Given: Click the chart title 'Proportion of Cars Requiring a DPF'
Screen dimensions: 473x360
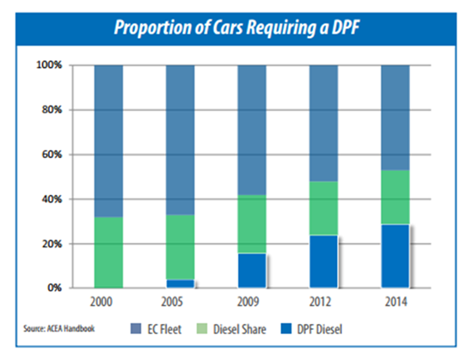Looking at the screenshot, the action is click(x=236, y=27).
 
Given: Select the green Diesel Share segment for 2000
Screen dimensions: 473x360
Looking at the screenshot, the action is click(x=108, y=253).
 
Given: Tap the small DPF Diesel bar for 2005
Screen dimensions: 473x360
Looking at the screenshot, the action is click(x=181, y=284).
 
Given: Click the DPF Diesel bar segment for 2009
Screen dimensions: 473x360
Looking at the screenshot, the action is click(x=252, y=271).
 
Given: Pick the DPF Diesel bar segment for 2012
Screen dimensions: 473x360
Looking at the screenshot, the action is click(x=323, y=261).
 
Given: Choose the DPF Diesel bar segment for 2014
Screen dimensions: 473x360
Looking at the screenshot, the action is click(x=396, y=256).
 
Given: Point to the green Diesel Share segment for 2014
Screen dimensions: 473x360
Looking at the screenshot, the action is click(x=396, y=198).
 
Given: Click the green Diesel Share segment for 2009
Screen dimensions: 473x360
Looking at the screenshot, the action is click(x=252, y=224).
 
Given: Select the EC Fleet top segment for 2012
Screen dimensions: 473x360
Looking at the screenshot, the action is click(x=323, y=123).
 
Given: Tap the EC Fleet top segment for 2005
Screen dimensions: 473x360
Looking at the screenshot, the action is click(x=181, y=140).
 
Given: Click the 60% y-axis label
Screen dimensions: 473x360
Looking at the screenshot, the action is click(x=52, y=155).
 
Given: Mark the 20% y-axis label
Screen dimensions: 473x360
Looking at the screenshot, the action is click(x=52, y=244).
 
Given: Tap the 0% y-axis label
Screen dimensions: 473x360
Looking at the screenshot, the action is click(x=54, y=288).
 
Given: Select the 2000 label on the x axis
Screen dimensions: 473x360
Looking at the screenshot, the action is click(x=101, y=302).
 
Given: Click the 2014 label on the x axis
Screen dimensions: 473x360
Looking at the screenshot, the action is click(x=396, y=302).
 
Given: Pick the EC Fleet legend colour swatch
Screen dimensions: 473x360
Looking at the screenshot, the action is click(x=136, y=329).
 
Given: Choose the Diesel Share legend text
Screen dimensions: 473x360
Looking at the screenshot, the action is click(x=240, y=329).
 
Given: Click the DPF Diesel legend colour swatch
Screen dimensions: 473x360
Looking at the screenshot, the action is click(x=286, y=329).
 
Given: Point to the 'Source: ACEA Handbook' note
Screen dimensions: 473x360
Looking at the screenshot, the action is click(x=59, y=328).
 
